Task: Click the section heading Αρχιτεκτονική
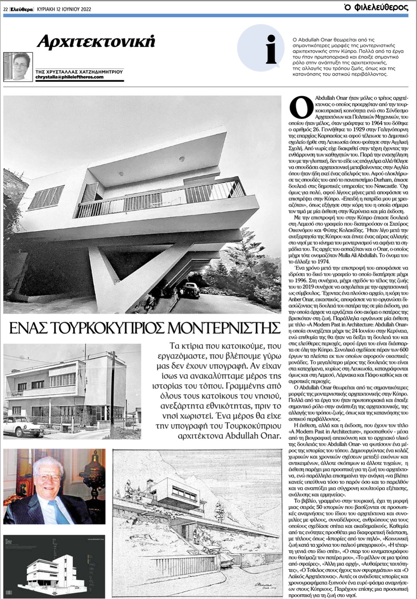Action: coord(96,41)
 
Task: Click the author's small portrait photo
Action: coord(18,67)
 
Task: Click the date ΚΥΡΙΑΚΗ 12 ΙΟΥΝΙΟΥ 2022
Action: coord(64,9)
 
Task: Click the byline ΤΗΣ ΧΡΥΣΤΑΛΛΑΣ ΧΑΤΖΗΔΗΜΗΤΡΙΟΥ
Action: coord(79,71)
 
